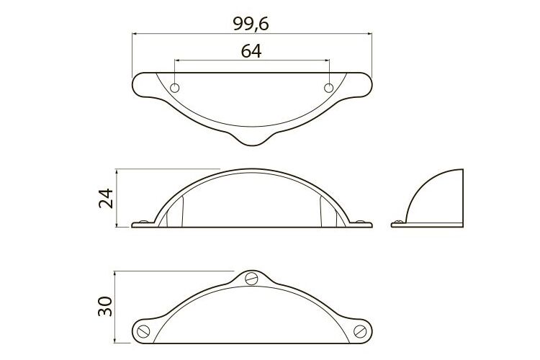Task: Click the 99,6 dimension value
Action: [x=251, y=24]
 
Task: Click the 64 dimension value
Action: [x=251, y=51]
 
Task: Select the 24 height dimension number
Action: [x=106, y=198]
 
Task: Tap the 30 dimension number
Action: [x=105, y=306]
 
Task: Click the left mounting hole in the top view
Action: [x=175, y=88]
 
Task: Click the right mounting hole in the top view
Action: [x=329, y=88]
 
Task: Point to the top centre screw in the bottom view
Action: [x=252, y=278]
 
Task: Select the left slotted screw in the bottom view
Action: [x=143, y=331]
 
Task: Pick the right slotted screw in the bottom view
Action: [x=360, y=331]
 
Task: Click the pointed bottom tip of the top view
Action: [x=252, y=145]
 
